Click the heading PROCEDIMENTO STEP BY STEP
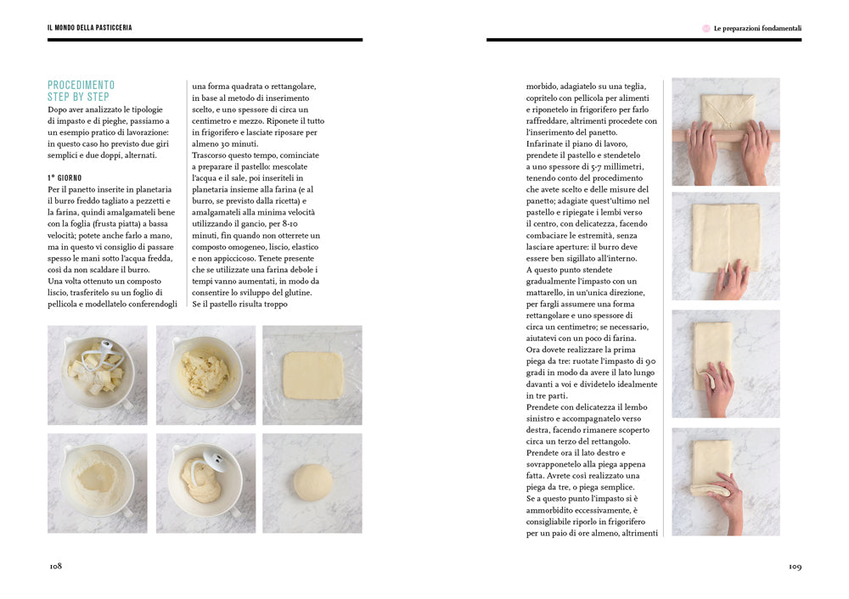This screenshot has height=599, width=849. [81, 91]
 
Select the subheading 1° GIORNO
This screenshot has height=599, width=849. [65, 177]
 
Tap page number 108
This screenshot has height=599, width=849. [55, 567]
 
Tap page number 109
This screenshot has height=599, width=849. [794, 567]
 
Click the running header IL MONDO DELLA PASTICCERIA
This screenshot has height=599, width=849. [89, 28]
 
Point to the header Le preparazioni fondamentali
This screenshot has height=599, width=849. [757, 28]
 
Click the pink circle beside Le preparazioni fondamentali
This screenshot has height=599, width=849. [706, 28]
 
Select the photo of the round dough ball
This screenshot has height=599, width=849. [312, 483]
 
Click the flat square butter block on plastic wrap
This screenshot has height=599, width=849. [312, 375]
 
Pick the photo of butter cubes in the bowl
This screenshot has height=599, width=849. [97, 375]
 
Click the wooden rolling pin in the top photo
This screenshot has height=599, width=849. [726, 134]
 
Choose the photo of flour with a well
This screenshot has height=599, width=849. [97, 483]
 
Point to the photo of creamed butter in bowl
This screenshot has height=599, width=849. [205, 375]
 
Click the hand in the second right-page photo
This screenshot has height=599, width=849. [730, 278]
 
